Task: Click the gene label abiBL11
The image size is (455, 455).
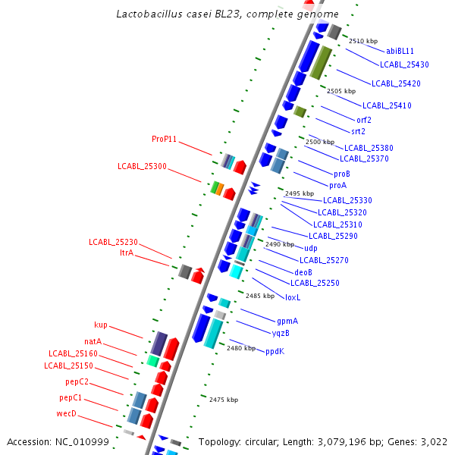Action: [400, 51]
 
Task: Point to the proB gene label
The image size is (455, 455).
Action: [342, 174]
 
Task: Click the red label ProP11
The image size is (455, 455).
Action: [164, 139]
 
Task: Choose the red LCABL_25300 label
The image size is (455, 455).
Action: [142, 166]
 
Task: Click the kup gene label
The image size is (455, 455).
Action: [101, 325]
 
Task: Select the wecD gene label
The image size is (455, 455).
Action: [67, 413]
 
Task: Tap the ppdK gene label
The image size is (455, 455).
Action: [275, 351]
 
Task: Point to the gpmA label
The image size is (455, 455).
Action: [287, 321]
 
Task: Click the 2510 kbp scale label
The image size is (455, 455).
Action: [363, 41]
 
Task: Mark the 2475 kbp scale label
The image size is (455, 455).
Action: [224, 400]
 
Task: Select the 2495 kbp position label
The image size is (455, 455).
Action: [300, 193]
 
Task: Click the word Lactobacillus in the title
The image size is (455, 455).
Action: [149, 14]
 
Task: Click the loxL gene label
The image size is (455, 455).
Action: [293, 297]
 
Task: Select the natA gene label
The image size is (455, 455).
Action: [93, 342]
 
